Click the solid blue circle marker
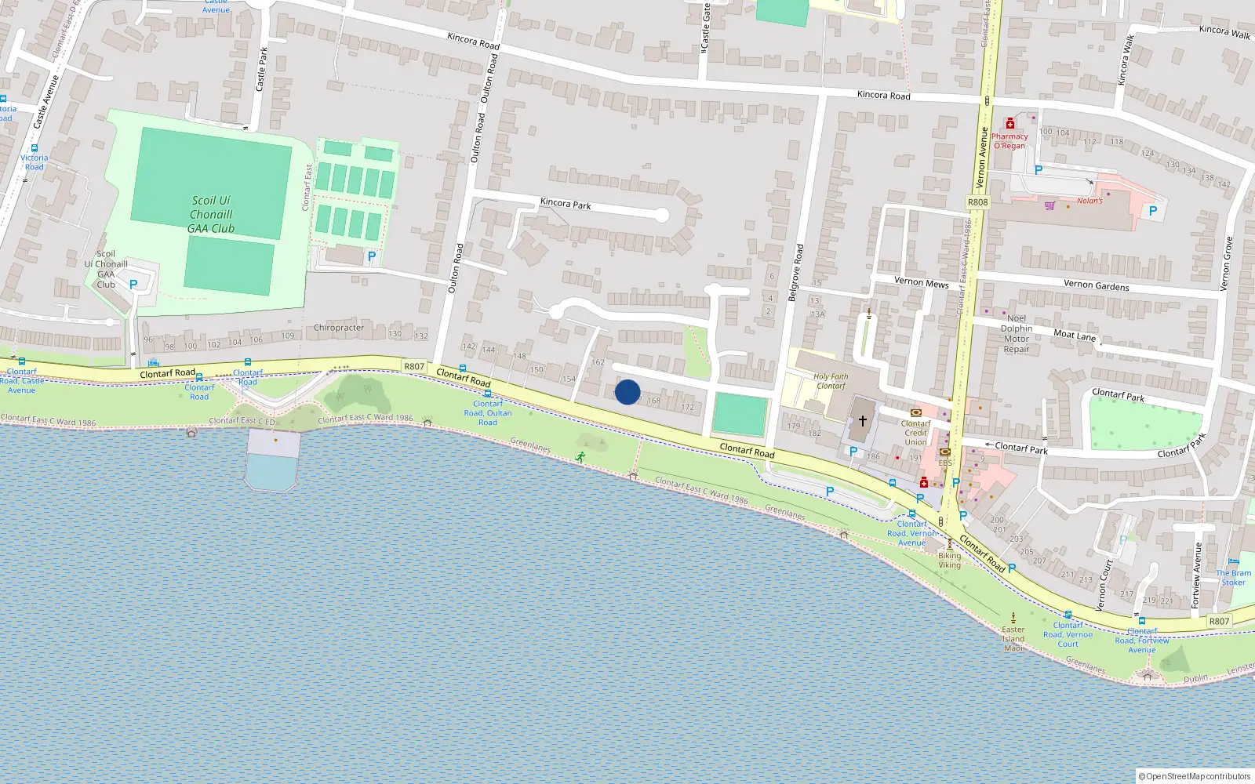627,392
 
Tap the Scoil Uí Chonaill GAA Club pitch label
211,214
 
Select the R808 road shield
977,202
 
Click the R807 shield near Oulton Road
414,366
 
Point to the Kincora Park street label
566,204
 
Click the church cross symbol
862,421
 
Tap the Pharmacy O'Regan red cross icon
1010,124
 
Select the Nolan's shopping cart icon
1049,205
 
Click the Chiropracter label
339,328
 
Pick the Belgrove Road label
797,273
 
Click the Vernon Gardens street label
1096,285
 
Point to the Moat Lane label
1075,335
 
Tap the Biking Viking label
949,560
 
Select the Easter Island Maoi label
1013,638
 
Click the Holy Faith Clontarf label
831,381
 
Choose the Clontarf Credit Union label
915,433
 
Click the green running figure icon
580,456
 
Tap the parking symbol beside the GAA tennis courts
372,256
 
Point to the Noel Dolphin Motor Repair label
1017,334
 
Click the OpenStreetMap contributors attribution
1195,776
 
